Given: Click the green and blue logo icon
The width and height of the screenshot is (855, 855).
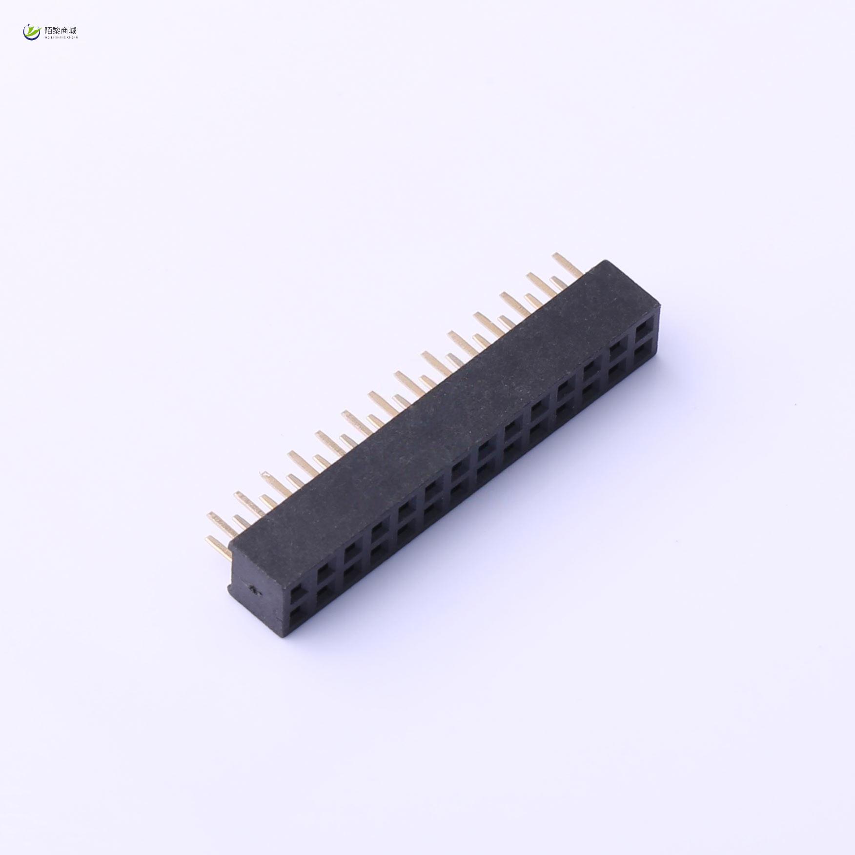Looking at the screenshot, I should coord(32,32).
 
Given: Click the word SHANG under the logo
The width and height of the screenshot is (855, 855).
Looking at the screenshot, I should coord(61,37).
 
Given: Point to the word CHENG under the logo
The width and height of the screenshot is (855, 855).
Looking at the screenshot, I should coord(73,37).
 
